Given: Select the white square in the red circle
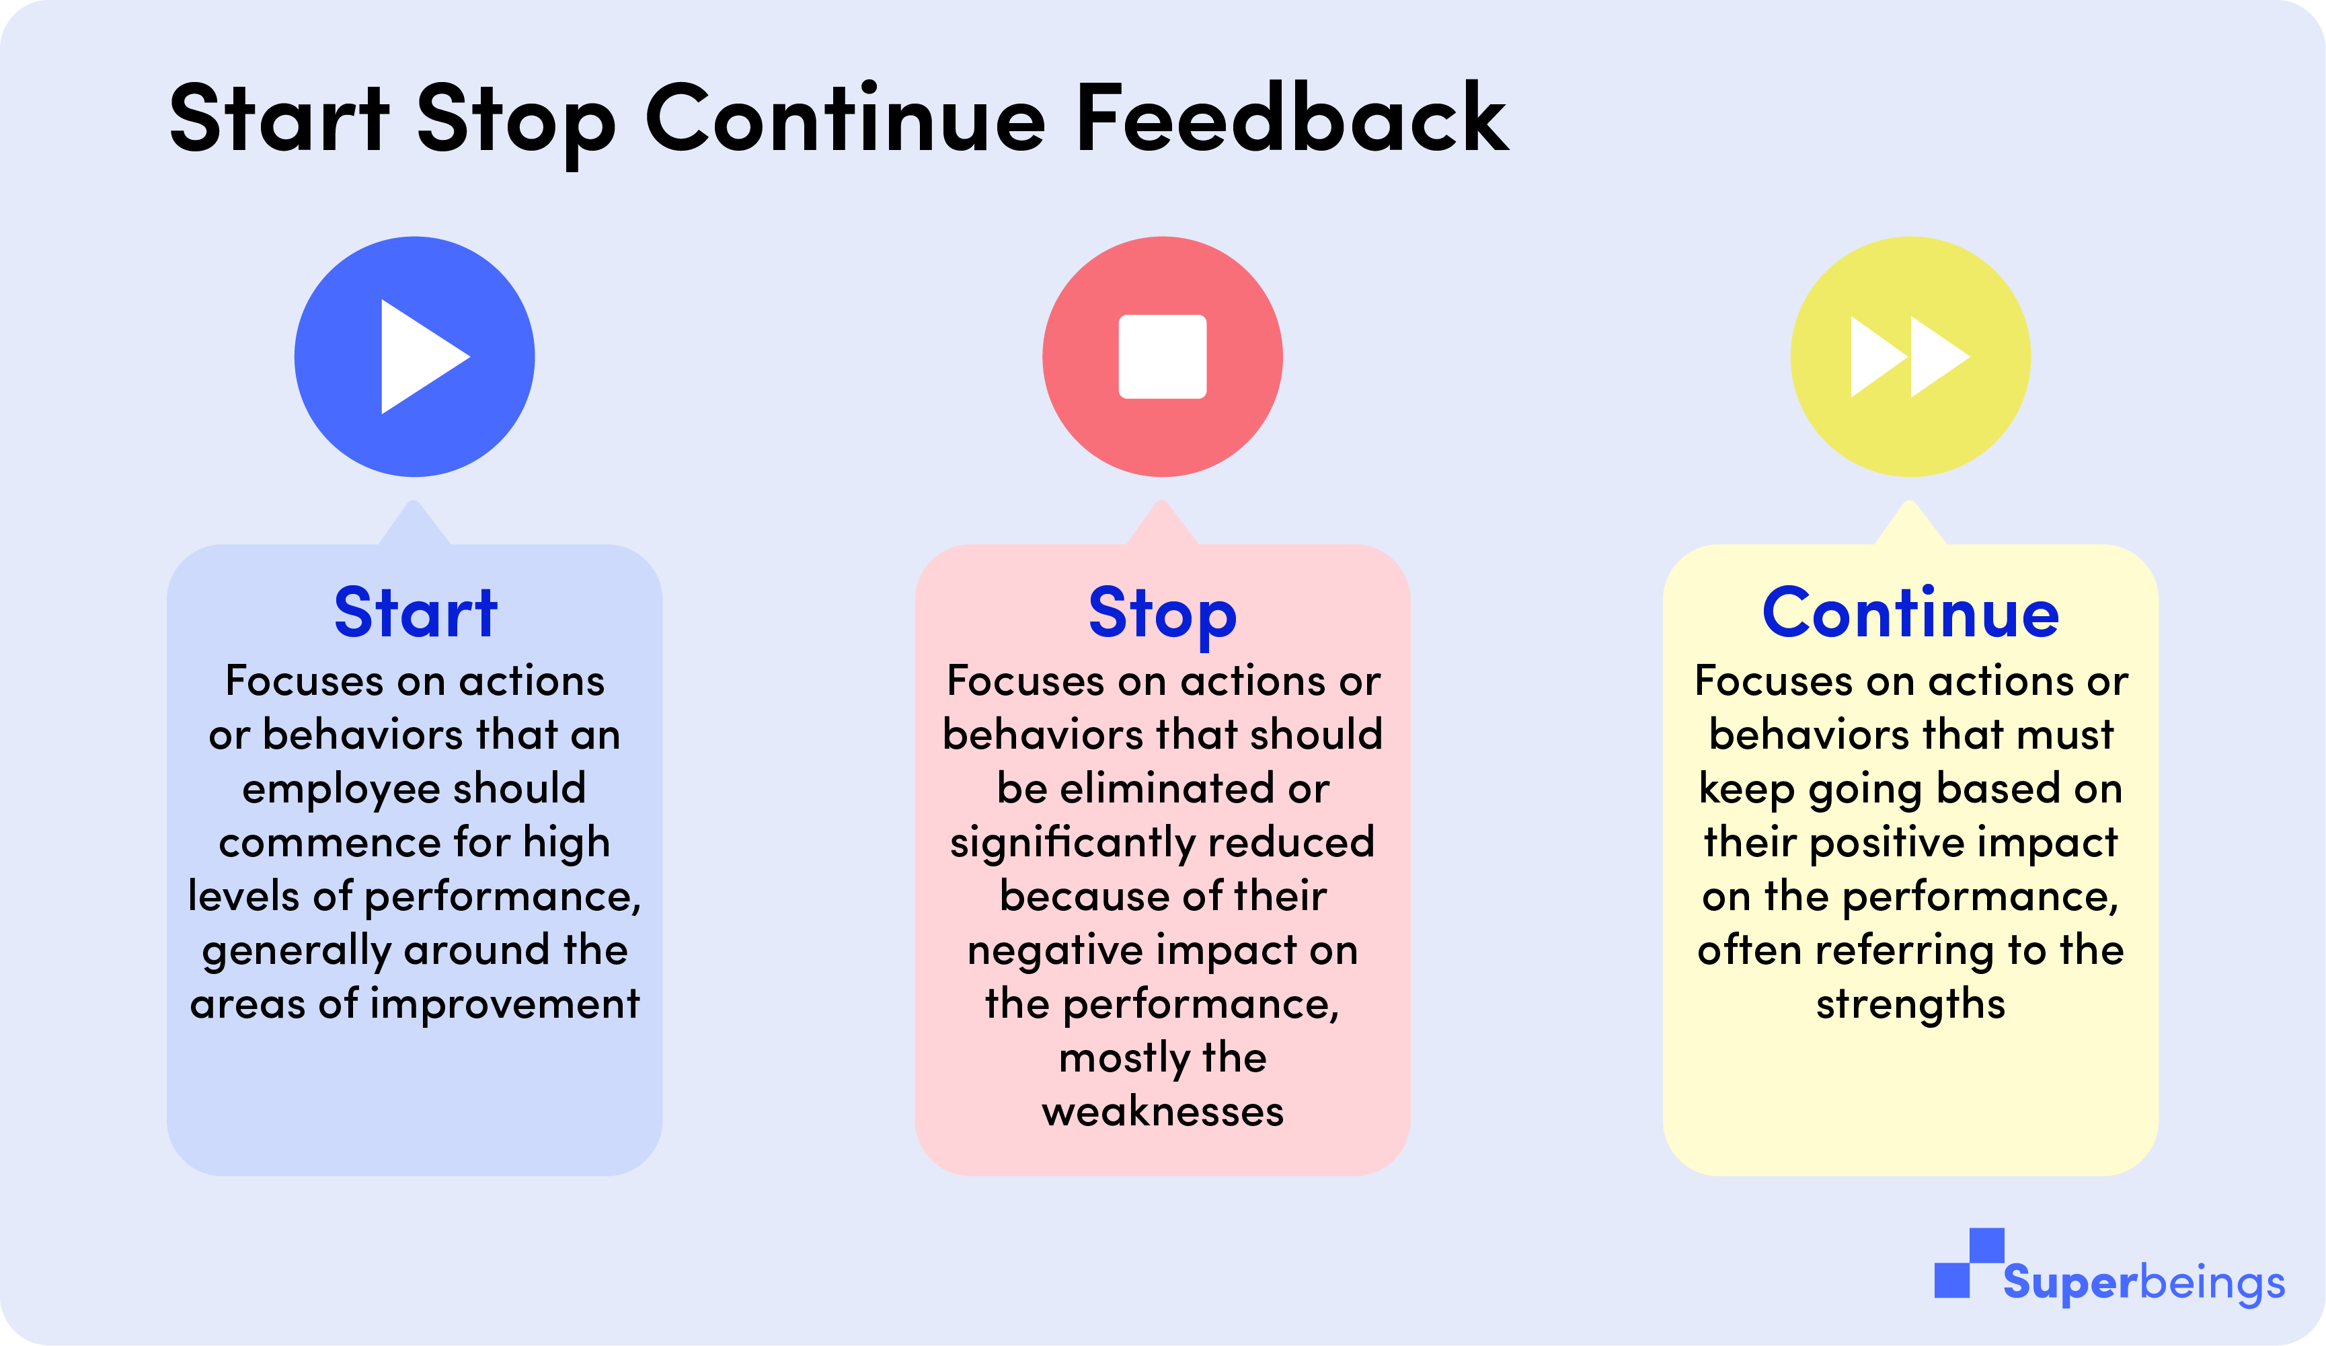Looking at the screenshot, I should pos(1162,357).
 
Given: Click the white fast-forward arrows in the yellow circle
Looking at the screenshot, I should pos(1910,357).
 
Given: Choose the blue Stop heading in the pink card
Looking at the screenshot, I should pos(1162,615).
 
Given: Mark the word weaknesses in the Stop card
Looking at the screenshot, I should pos(1162,1111).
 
